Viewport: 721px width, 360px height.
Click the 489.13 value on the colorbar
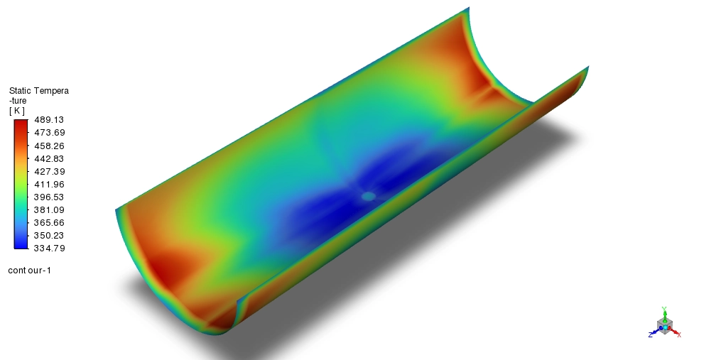tap(45, 120)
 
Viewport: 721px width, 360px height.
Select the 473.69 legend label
tap(45, 133)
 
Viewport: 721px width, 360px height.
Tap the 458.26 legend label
tap(45, 146)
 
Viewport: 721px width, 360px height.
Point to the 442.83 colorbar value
tap(45, 158)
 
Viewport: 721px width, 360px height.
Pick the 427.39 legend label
tap(45, 171)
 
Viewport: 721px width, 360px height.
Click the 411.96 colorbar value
tap(45, 184)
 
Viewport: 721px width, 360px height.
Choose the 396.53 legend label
tap(45, 197)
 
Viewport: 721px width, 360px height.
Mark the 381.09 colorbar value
tap(45, 209)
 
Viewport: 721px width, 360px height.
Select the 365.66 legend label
tap(45, 222)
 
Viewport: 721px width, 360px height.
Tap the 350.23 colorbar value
tap(45, 235)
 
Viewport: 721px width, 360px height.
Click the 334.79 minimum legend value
tap(45, 248)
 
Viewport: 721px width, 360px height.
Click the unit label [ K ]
tap(16, 111)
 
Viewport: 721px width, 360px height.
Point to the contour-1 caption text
tap(29, 270)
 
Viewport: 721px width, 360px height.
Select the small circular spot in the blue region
tap(368, 196)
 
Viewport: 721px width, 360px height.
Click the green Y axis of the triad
tap(663, 312)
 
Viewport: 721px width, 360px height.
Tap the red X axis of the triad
tap(676, 332)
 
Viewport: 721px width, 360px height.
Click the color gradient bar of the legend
tap(21, 184)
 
